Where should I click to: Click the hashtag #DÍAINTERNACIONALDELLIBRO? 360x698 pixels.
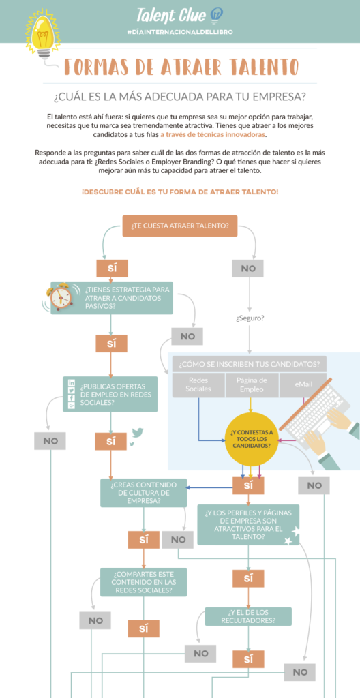click(x=179, y=33)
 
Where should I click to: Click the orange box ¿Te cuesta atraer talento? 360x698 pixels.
click(x=179, y=226)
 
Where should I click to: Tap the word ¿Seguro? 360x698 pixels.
click(x=250, y=318)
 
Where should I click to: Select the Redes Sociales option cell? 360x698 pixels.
click(x=198, y=384)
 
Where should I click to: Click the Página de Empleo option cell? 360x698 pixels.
click(x=251, y=384)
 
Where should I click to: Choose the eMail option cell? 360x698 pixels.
click(x=303, y=384)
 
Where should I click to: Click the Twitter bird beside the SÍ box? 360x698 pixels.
click(x=137, y=434)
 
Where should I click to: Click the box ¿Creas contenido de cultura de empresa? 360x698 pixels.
click(x=143, y=492)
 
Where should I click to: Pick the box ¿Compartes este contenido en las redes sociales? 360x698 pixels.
click(x=143, y=581)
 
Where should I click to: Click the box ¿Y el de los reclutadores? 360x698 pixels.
click(x=247, y=616)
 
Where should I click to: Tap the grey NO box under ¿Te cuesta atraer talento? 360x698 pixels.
click(x=247, y=269)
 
